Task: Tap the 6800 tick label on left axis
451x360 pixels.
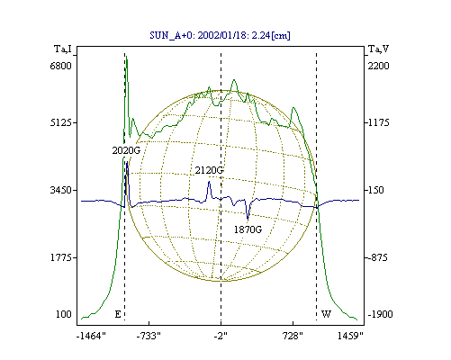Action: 61,66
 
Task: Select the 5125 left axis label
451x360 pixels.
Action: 61,122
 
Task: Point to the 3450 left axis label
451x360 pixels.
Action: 61,190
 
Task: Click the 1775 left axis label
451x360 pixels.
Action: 61,257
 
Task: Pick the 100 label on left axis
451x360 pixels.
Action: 64,314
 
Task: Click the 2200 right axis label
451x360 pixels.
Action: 378,66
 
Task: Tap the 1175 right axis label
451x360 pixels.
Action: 378,122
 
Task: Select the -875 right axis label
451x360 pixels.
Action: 377,257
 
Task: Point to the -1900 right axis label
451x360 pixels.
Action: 380,314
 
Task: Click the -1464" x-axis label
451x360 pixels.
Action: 91,336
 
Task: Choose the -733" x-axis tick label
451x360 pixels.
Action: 149,336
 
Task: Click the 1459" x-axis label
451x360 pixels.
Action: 350,336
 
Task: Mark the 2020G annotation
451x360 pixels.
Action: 126,150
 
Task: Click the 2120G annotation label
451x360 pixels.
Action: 209,170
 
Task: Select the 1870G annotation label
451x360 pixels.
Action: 248,229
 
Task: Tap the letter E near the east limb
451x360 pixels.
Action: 118,314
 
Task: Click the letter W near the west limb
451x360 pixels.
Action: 326,314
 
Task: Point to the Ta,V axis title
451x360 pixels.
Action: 378,49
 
